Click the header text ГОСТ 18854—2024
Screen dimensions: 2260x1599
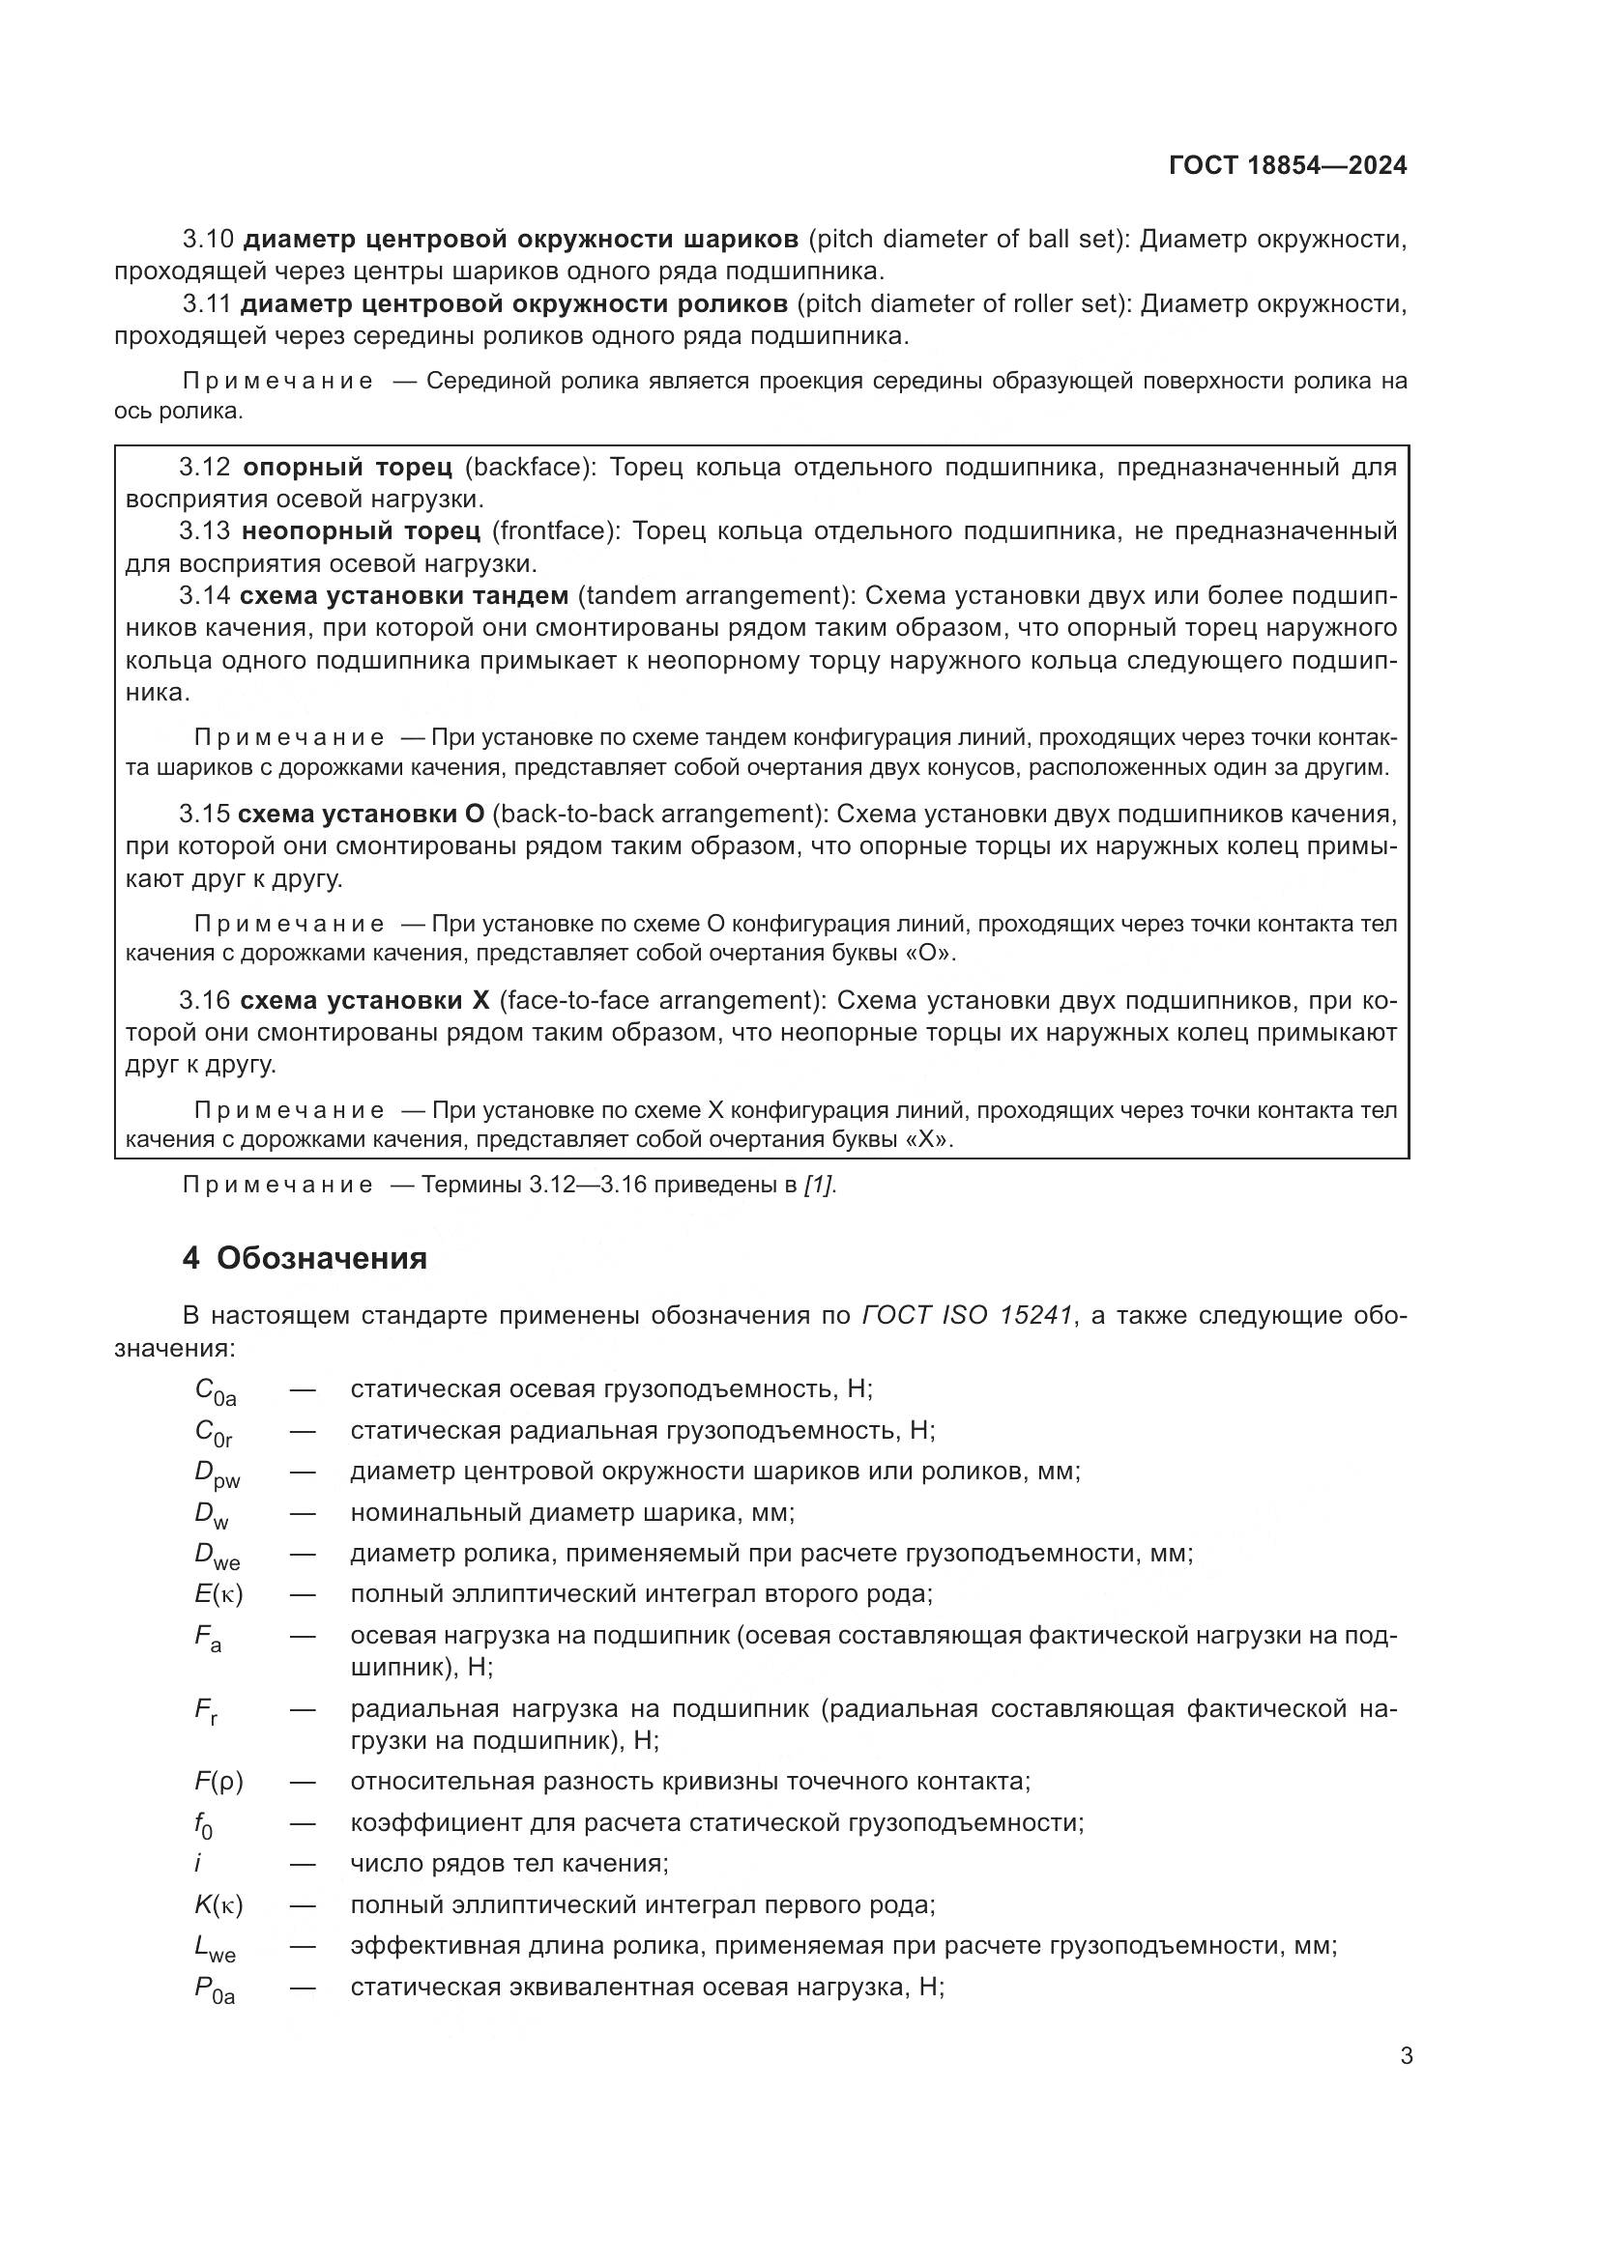(1288, 165)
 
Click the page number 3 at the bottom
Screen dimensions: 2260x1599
(1406, 2055)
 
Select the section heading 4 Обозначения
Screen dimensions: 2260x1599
(305, 1258)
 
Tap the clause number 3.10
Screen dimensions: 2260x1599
(208, 240)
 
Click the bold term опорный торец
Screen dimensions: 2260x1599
(348, 467)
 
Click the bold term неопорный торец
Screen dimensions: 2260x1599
(362, 531)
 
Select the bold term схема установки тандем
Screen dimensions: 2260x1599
(404, 595)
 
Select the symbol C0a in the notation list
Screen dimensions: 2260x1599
(215, 1390)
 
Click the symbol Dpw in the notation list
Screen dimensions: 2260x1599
(217, 1473)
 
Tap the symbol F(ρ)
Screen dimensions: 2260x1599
(218, 1781)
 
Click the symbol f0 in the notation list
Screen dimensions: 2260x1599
(203, 1824)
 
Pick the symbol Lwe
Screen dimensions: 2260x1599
(215, 1947)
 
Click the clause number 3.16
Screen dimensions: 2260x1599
(205, 1001)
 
